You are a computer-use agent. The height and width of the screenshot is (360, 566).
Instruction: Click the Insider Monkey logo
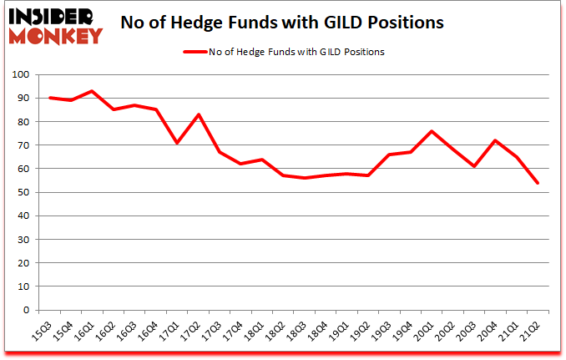55,25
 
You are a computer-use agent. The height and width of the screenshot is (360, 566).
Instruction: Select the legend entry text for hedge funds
306,52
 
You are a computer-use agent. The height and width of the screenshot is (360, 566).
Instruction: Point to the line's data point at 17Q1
176,143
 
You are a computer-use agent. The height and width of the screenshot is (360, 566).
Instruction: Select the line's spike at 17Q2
198,114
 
